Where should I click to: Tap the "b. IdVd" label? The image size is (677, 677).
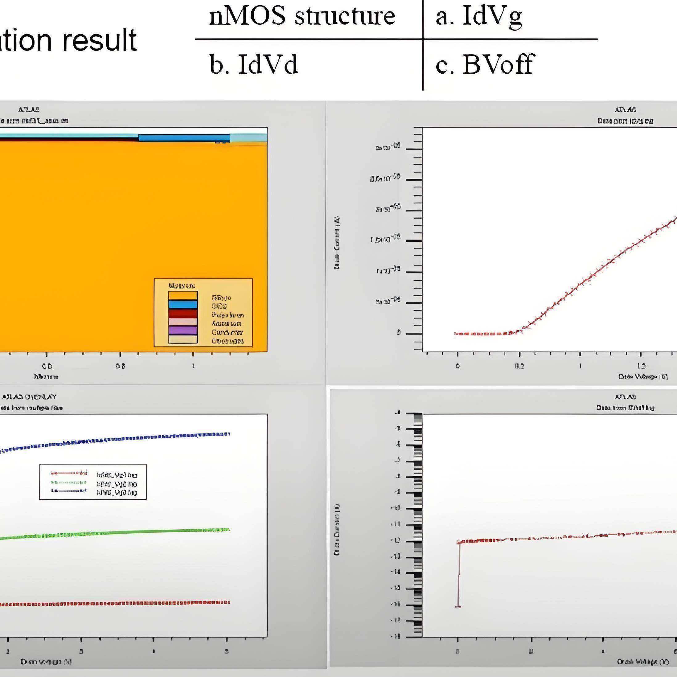(x=254, y=65)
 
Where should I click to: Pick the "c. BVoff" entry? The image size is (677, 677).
(x=484, y=65)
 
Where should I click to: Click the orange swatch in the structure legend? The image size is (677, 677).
(x=183, y=296)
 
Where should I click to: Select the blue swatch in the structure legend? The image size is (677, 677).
(x=183, y=304)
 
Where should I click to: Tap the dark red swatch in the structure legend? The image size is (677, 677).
(x=183, y=313)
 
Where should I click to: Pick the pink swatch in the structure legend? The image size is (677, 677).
(x=183, y=322)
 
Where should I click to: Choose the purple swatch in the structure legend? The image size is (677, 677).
(x=183, y=330)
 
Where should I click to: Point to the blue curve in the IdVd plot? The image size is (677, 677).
(x=140, y=438)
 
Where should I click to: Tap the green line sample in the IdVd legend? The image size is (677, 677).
(x=69, y=483)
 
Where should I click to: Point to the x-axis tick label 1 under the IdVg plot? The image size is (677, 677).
(x=580, y=366)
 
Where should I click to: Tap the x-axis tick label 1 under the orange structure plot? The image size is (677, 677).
(x=193, y=366)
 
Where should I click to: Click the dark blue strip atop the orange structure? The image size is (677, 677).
(x=184, y=138)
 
